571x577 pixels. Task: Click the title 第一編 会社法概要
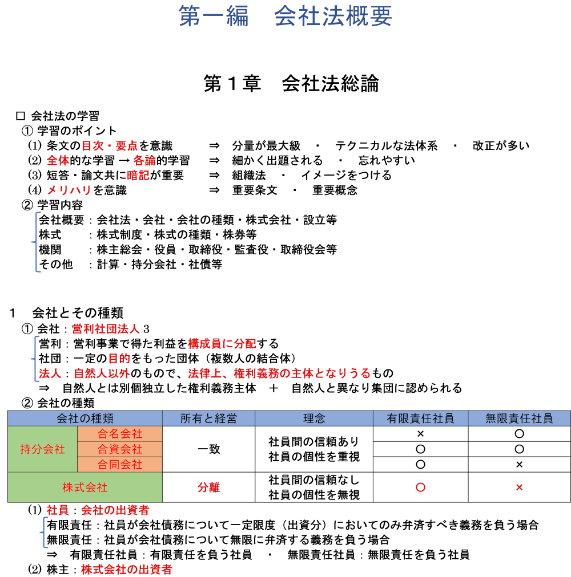pos(285,16)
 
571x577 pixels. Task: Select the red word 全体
pos(58,161)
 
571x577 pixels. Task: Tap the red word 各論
pos(144,161)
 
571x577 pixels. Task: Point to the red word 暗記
pos(138,176)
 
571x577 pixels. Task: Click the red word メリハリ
pos(69,190)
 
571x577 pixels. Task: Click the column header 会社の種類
pos(85,418)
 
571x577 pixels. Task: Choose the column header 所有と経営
pos(208,418)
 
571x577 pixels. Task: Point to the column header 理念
pos(313,418)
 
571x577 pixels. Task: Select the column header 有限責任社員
pos(420,418)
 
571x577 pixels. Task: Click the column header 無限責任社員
pos(519,418)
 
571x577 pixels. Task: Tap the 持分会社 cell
pos(42,449)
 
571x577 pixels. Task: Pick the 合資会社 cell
pos(120,449)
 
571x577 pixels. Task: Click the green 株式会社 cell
pos(85,487)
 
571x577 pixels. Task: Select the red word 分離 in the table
pos(208,487)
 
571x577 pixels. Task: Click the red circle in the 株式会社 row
pos(420,487)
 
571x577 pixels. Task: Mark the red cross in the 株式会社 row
pos(519,487)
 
